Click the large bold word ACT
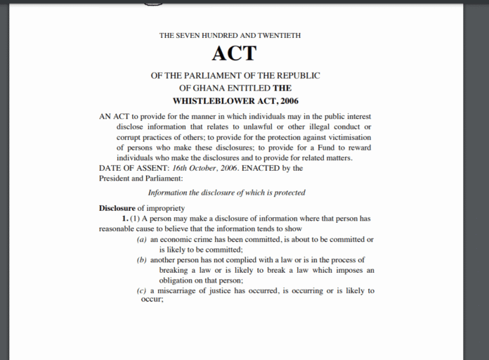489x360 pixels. pyautogui.click(x=234, y=53)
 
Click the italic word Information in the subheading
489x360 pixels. pyautogui.click(x=169, y=193)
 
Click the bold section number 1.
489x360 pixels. pyautogui.click(x=124, y=219)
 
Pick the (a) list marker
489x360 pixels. pyautogui.click(x=142, y=240)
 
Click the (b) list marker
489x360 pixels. pyautogui.click(x=142, y=260)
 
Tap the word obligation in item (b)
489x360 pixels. pyautogui.click(x=180, y=280)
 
